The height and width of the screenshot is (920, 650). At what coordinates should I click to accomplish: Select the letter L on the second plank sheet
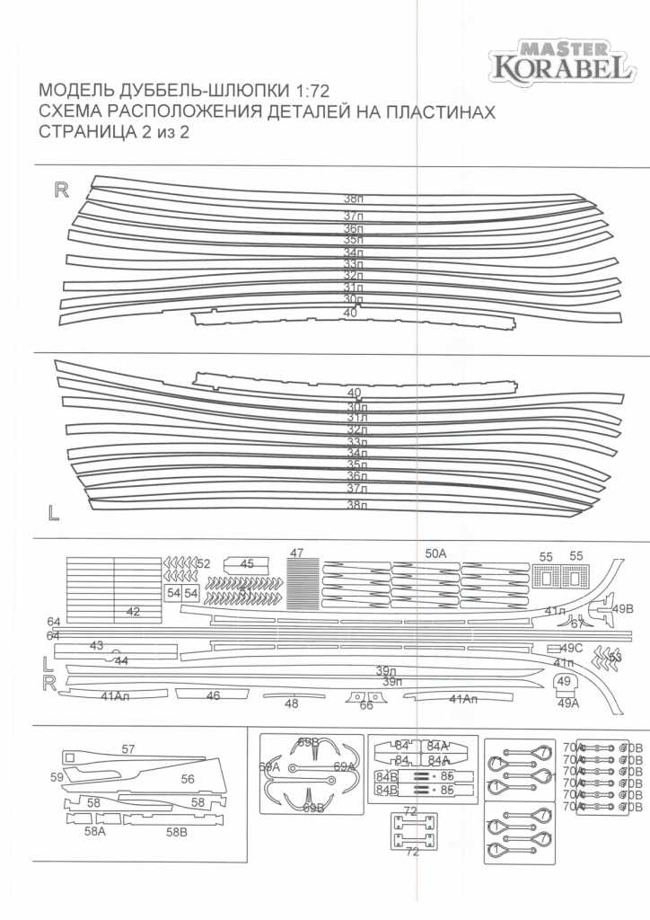(54, 513)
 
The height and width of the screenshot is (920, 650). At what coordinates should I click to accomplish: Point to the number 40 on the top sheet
(350, 313)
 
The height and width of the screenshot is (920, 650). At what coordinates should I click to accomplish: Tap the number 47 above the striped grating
(297, 553)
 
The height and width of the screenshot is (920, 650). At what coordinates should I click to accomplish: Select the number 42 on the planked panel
(133, 611)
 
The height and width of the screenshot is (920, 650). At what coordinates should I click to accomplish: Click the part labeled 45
(247, 564)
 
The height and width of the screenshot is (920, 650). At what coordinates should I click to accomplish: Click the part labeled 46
(213, 695)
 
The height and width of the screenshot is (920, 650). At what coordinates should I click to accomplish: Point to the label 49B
(623, 608)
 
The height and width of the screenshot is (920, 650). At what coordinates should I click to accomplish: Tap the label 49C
(572, 648)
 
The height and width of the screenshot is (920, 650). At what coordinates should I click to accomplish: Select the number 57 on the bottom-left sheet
(128, 748)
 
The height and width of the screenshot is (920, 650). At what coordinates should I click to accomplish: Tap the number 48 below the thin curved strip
(291, 704)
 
